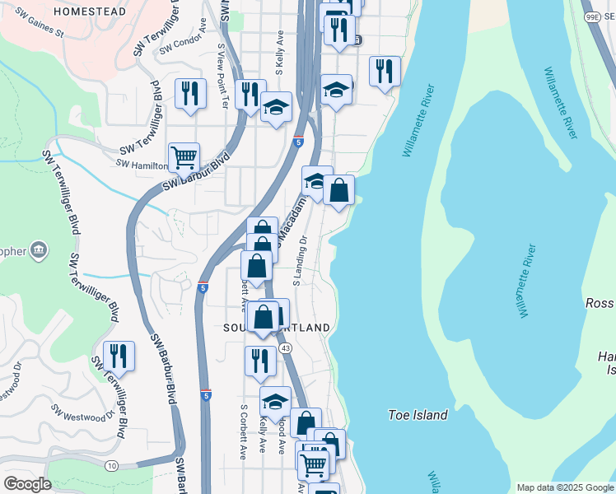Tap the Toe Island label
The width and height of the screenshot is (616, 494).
(418, 416)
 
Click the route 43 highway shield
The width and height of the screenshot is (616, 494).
(286, 349)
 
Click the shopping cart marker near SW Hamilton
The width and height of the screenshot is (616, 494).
(184, 156)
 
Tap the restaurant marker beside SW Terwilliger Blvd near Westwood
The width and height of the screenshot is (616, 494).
(119, 355)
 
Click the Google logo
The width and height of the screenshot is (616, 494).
(27, 484)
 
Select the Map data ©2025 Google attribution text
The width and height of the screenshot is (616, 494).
(564, 487)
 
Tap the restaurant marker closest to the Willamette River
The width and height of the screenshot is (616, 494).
(385, 72)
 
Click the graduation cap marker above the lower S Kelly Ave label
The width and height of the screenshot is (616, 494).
(276, 401)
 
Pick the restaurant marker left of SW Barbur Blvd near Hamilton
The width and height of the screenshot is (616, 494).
(190, 93)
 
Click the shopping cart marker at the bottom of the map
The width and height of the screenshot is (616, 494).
(313, 464)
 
